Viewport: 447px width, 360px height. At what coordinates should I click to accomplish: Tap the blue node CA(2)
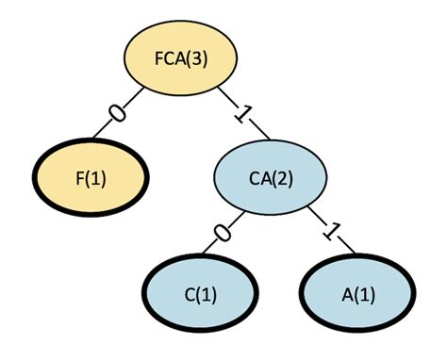(x=271, y=178)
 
